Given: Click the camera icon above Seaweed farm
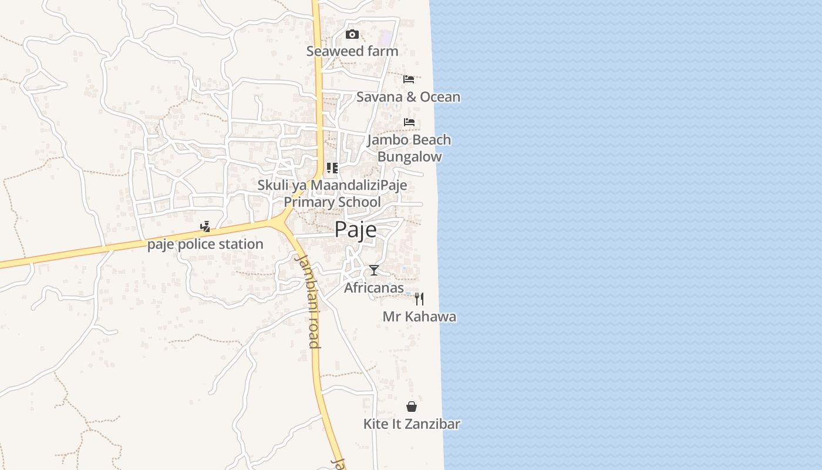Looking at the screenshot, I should [x=352, y=35].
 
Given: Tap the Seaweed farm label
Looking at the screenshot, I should [x=352, y=51].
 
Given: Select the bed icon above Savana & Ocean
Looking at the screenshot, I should [x=409, y=79].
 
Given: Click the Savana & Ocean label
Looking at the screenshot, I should [x=408, y=97].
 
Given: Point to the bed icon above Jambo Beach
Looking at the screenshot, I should [x=409, y=122].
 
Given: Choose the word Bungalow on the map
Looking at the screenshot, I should [x=409, y=157].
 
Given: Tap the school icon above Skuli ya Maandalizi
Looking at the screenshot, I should [x=332, y=169].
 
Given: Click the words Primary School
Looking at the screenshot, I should [x=332, y=202].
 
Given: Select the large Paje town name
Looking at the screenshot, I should [x=356, y=230].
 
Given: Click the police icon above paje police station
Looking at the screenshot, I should [x=205, y=227].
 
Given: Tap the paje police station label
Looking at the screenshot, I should [x=205, y=244].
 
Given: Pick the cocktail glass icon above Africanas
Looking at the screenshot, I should [x=374, y=270].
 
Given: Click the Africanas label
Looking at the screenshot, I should [x=374, y=288].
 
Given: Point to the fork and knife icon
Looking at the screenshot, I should [x=419, y=299].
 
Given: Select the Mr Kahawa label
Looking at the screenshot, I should [x=419, y=317].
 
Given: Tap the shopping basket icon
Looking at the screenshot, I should [x=412, y=407].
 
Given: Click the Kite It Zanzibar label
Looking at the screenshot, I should [x=412, y=424].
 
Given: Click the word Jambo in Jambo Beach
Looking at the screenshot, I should [x=387, y=140].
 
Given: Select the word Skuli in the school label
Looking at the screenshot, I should [x=271, y=186].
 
